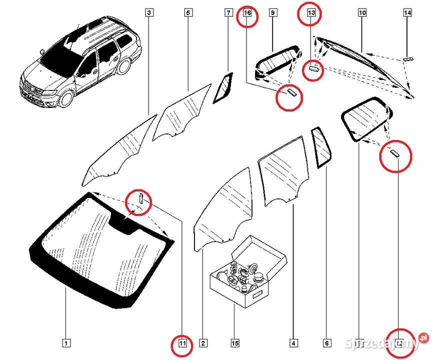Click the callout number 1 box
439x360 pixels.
pyautogui.click(x=66, y=343)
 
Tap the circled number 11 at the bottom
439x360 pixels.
pyautogui.click(x=182, y=343)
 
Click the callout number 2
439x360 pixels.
pyautogui.click(x=203, y=343)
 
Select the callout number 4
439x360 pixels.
pyautogui.click(x=293, y=343)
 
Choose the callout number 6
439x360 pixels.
pyautogui.click(x=326, y=343)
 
